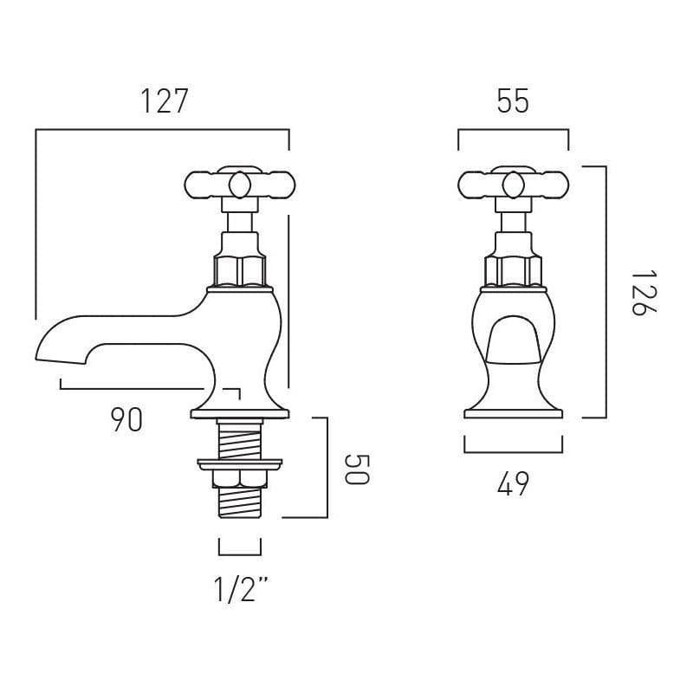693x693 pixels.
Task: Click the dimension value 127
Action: click(164, 101)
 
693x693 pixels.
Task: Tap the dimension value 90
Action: click(126, 420)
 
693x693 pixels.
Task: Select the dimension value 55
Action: click(513, 101)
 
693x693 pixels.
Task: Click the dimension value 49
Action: click(513, 484)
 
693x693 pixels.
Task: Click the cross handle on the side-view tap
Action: click(239, 184)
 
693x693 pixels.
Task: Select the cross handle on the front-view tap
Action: click(513, 184)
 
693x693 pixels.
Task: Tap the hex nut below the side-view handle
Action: click(240, 269)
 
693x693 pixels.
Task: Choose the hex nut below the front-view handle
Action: click(513, 269)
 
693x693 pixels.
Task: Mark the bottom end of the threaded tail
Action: click(240, 515)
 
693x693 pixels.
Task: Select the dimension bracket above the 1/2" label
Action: click(240, 553)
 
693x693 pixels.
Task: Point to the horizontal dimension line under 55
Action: click(513, 131)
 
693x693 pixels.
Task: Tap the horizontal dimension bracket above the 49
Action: click(513, 451)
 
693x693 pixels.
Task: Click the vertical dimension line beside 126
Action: click(605, 293)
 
